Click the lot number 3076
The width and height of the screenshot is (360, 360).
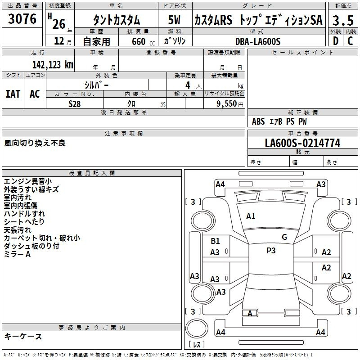[22, 19]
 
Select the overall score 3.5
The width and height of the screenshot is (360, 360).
[343, 20]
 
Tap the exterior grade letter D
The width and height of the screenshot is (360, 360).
[336, 41]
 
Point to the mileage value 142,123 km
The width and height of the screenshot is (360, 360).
[53, 65]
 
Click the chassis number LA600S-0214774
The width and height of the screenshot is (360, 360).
[302, 143]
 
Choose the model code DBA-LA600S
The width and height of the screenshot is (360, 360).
[258, 41]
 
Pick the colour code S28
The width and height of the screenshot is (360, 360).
[75, 104]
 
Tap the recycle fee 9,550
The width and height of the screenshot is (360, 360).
[227, 104]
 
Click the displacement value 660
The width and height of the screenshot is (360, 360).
[139, 41]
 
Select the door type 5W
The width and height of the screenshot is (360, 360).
[174, 20]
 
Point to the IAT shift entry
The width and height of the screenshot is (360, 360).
[13, 94]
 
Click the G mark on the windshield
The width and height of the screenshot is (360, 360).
[284, 237]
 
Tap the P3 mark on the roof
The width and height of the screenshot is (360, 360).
[271, 250]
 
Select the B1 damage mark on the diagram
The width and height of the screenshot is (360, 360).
[215, 241]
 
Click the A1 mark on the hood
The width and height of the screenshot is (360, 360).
[251, 216]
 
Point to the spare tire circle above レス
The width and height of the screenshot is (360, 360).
[197, 328]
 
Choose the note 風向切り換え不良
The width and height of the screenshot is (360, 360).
[35, 143]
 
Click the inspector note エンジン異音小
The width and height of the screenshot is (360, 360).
[28, 181]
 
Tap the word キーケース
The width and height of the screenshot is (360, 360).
[23, 336]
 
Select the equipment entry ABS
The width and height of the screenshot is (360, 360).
[258, 121]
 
